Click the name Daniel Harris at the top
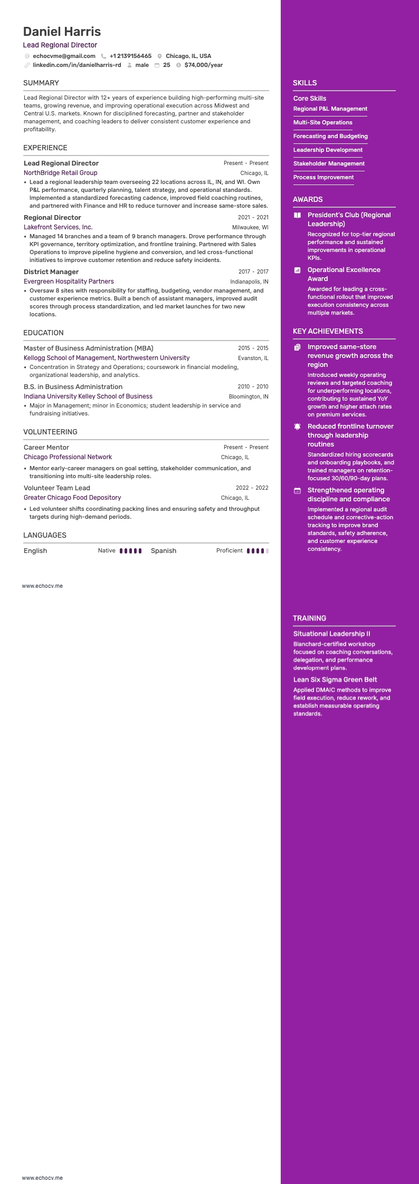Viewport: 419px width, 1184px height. pos(62,32)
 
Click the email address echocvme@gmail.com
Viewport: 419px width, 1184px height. pos(64,56)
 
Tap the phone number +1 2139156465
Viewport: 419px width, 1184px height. pos(130,56)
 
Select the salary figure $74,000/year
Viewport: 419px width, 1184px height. pos(203,65)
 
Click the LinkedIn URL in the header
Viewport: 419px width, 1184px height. pos(77,65)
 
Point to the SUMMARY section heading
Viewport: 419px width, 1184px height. pos(41,83)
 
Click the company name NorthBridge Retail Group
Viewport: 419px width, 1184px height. pos(60,173)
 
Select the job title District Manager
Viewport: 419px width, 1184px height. pos(51,272)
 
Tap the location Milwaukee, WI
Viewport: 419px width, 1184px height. pos(250,227)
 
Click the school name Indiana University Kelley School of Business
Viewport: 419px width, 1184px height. pos(88,396)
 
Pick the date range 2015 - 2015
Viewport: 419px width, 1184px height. pos(253,348)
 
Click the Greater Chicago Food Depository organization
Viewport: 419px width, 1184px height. pos(72,498)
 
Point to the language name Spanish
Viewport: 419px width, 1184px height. pos(164,551)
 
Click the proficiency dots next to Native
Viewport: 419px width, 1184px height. pos(130,551)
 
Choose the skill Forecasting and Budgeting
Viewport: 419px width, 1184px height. pos(330,136)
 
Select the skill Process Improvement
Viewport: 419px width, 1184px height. pos(323,177)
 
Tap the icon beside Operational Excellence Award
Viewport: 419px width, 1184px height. pos(297,270)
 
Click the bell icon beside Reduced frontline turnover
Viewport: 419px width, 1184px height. pos(297,426)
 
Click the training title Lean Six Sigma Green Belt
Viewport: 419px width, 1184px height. pos(335,680)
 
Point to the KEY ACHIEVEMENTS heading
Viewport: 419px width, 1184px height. pos(328,331)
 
